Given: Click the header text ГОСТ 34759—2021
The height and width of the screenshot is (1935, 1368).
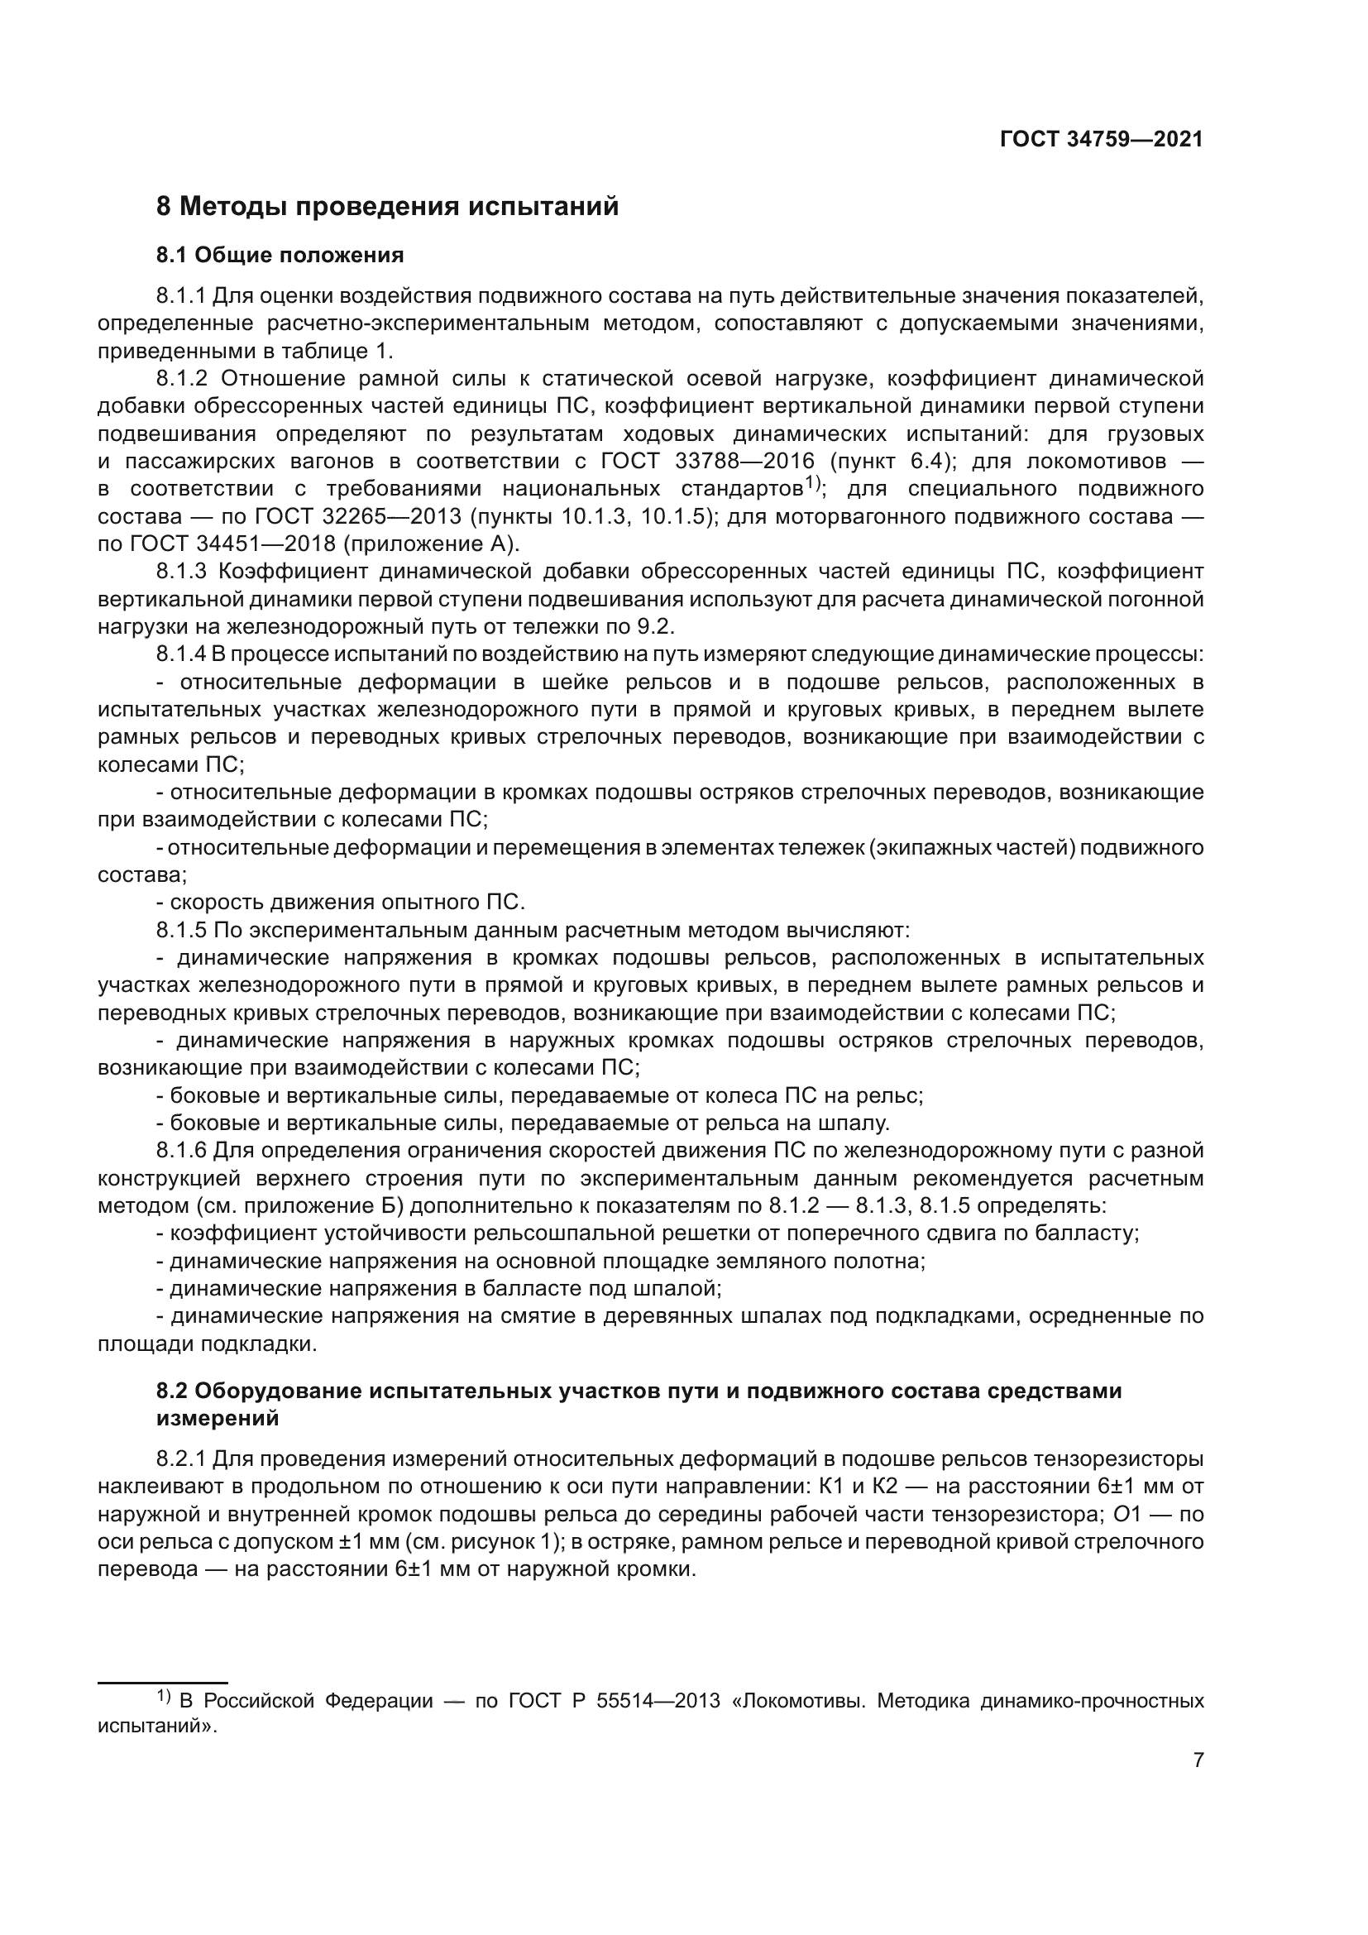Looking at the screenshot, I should point(1101,140).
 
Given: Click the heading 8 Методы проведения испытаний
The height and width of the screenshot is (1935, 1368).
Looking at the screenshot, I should point(387,207).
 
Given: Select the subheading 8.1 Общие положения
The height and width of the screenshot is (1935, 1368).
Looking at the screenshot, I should point(280,255).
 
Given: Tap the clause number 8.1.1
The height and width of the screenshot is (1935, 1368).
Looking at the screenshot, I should point(180,296).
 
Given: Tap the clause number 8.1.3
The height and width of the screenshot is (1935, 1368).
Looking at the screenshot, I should point(180,572).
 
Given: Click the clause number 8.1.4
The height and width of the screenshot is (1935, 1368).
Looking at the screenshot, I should point(180,654).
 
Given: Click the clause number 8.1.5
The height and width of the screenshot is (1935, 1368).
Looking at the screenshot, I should point(180,931).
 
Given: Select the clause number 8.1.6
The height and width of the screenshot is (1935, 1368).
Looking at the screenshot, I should point(180,1151).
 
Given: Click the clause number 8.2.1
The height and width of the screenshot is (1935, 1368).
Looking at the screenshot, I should point(180,1458).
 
